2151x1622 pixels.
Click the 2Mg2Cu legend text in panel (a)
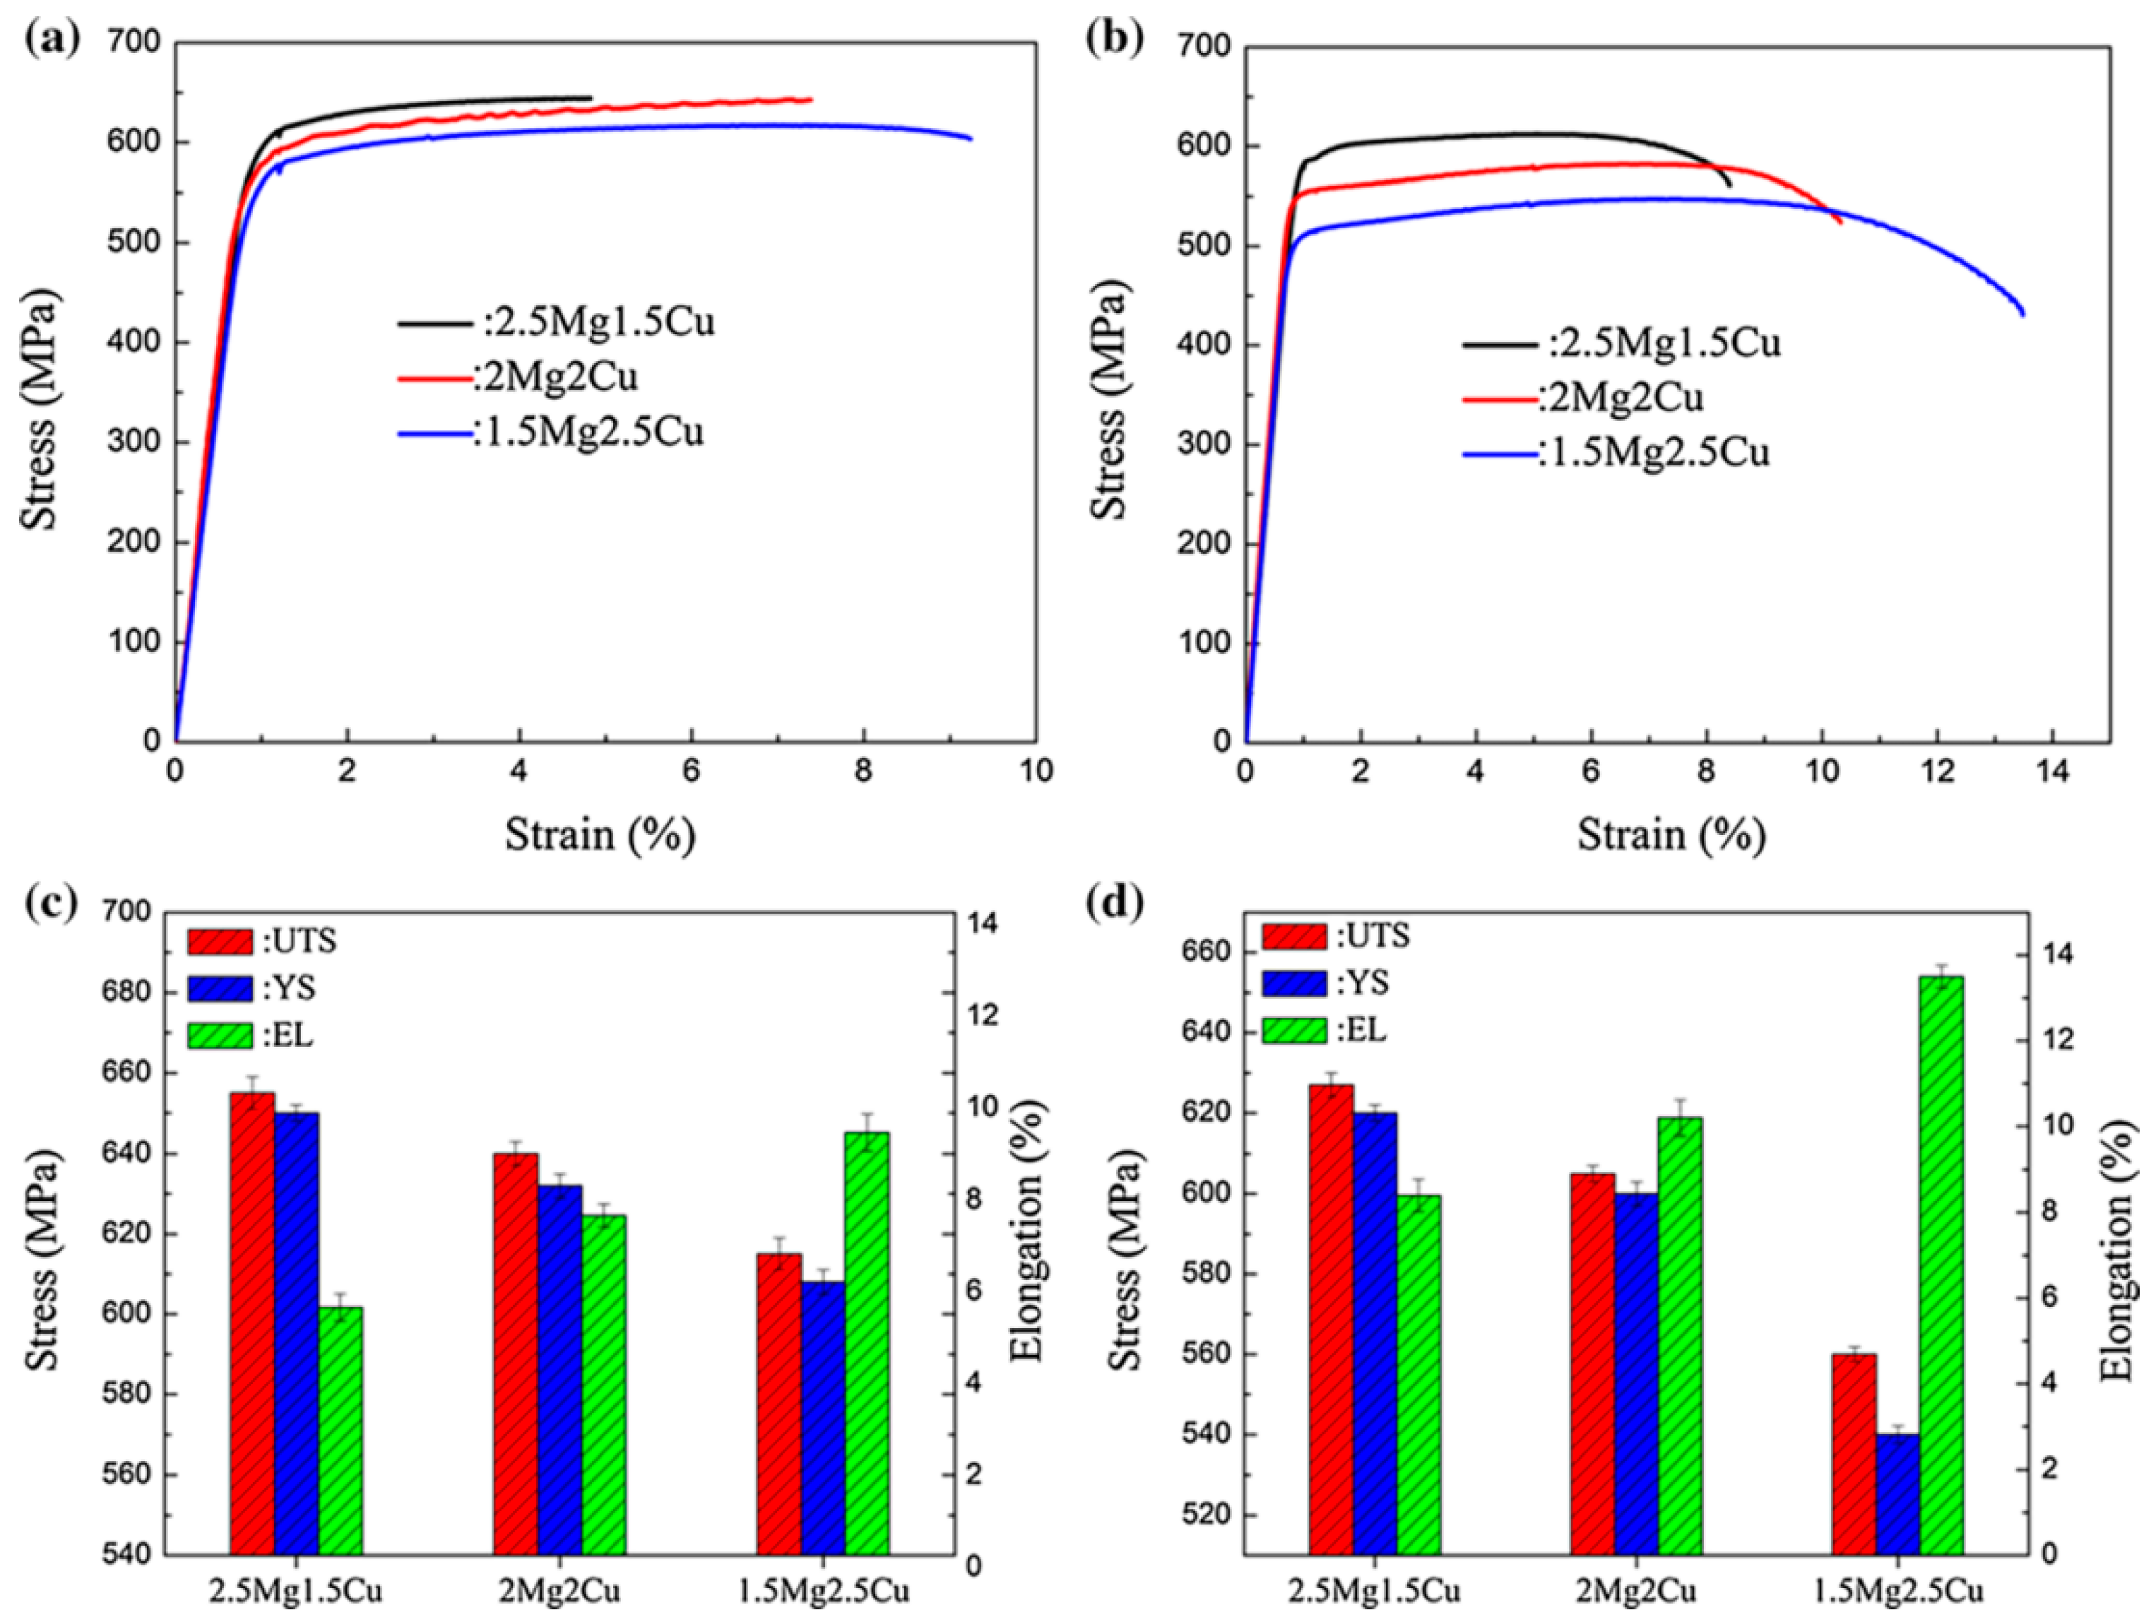(x=555, y=377)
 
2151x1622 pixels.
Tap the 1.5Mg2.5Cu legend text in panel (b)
(x=1653, y=453)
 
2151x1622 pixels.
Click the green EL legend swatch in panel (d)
(x=1293, y=1031)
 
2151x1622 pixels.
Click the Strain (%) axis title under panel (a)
(x=600, y=834)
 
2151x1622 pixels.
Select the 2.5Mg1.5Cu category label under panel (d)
(x=1374, y=1592)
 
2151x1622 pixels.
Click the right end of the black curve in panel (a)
(x=591, y=98)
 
